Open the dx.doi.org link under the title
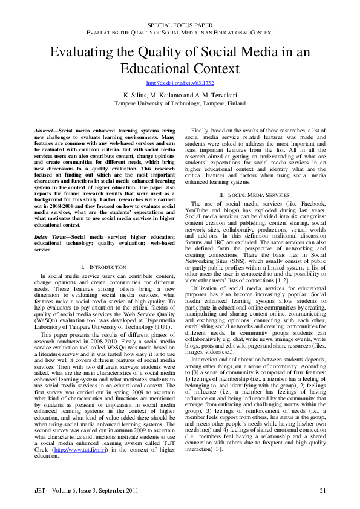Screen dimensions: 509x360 tap(180, 82)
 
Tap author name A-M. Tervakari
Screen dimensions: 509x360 tap(216, 96)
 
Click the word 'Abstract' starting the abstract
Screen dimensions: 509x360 tap(44, 131)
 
